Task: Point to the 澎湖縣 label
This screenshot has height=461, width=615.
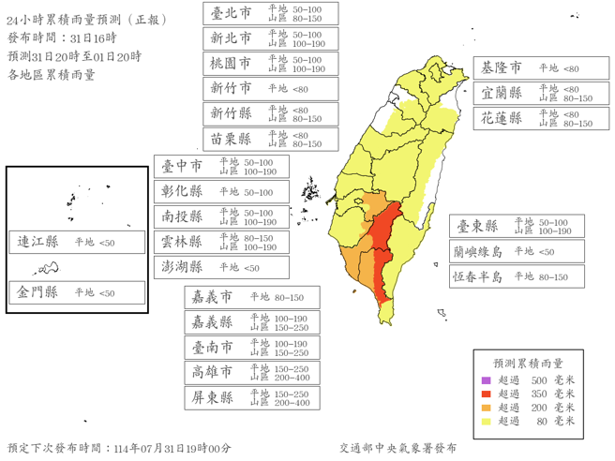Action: point(183,267)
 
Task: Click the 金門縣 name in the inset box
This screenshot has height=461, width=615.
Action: point(38,292)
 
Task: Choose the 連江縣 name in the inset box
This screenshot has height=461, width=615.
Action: point(38,242)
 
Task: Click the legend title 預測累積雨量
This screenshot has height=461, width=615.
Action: point(529,363)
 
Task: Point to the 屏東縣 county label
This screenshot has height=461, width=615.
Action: point(213,397)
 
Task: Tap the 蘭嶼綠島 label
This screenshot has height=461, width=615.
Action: point(478,252)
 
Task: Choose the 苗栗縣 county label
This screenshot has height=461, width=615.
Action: point(231,139)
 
